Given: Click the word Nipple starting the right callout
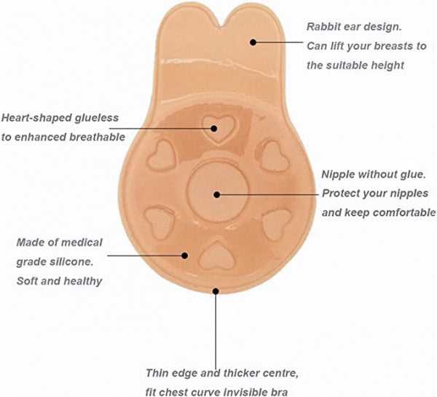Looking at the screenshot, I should click(339, 175).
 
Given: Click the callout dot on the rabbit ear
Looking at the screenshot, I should click(253, 42).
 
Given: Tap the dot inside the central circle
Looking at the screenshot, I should click(216, 194).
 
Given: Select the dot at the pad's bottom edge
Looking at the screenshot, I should click(216, 291).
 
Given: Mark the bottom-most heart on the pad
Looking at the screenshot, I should click(216, 256).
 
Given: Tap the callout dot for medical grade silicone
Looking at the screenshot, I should click(185, 255).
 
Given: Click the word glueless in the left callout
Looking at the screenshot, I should click(103, 117).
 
